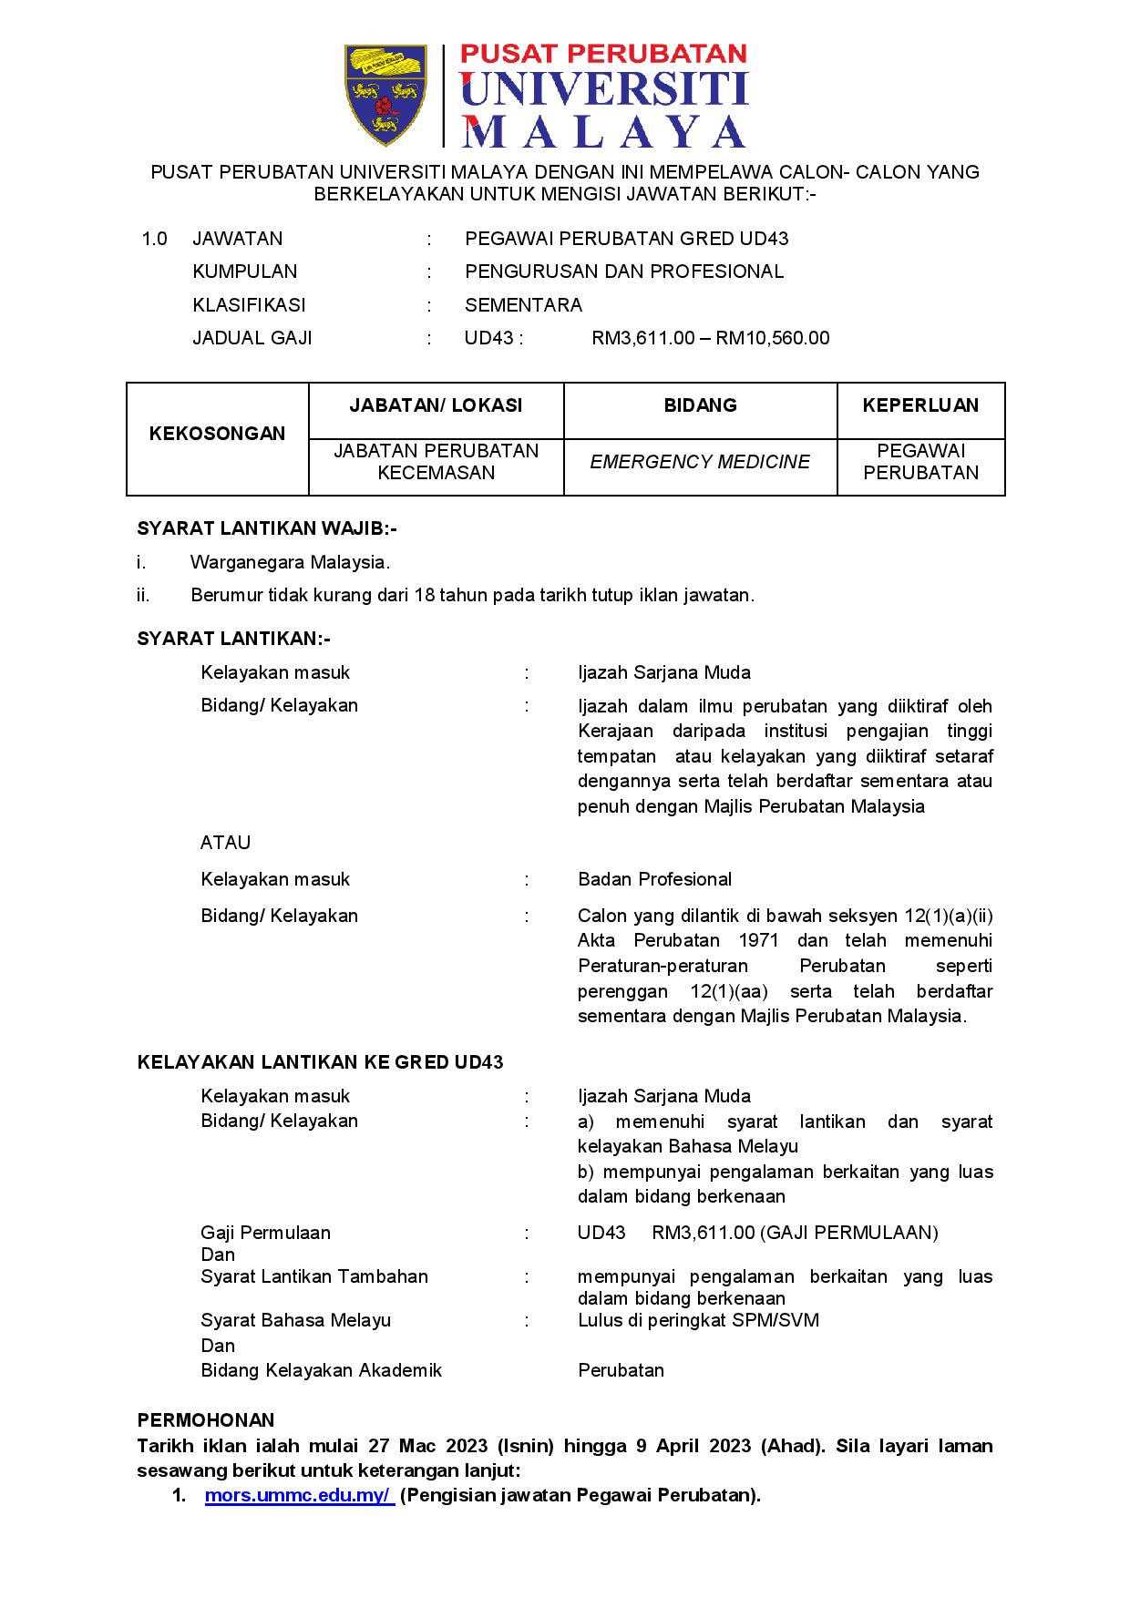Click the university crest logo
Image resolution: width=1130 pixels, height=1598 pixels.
pyautogui.click(x=385, y=94)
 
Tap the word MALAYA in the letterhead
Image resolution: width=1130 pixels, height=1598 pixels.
pyautogui.click(x=605, y=131)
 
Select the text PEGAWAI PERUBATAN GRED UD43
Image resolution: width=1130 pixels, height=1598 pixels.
pyautogui.click(x=626, y=239)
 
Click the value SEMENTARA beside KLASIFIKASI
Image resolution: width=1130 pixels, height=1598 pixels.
pyautogui.click(x=523, y=304)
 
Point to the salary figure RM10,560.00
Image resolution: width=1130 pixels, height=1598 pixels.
pyautogui.click(x=773, y=338)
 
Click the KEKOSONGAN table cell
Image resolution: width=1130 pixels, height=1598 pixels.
pyautogui.click(x=217, y=434)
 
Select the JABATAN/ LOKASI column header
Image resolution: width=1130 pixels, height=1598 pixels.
pyautogui.click(x=436, y=405)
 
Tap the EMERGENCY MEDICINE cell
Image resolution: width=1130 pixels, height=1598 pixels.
pyautogui.click(x=699, y=462)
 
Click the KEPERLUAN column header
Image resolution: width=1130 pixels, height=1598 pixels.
pyautogui.click(x=920, y=405)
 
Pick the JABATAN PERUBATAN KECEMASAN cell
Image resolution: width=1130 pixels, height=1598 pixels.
pyautogui.click(x=436, y=462)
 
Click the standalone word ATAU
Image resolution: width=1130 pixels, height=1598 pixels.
pyautogui.click(x=225, y=843)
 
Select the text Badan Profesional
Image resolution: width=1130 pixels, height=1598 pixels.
pyautogui.click(x=654, y=879)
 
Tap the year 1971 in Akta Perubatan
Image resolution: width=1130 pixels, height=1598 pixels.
pyautogui.click(x=758, y=940)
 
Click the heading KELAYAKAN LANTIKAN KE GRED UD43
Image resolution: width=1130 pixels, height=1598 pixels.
pyautogui.click(x=320, y=1062)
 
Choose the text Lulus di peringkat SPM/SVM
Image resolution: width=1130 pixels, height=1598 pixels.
pyautogui.click(x=698, y=1320)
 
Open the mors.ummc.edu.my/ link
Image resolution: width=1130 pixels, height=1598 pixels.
pyautogui.click(x=299, y=1495)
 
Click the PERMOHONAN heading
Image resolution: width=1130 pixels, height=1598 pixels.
pyautogui.click(x=205, y=1420)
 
